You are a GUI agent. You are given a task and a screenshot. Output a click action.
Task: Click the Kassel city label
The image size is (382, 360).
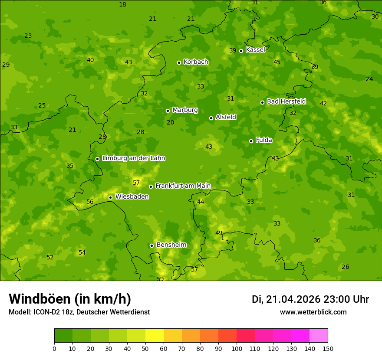255,50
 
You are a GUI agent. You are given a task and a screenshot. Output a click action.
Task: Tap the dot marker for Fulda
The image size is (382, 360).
251,141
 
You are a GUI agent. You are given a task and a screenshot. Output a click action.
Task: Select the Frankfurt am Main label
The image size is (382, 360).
183,186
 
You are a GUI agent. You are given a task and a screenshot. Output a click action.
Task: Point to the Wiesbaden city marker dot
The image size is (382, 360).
110,197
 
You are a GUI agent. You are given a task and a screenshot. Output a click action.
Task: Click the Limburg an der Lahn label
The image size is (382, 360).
133,158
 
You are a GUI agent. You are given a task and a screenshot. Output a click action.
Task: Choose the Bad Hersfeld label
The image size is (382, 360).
286,101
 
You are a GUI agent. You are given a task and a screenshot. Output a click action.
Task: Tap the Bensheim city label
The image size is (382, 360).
171,245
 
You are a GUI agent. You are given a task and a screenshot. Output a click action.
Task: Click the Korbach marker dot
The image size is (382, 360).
179,62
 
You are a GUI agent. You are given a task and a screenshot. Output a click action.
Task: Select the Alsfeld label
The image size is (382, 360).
226,117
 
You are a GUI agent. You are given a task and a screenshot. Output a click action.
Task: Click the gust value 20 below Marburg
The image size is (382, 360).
171,123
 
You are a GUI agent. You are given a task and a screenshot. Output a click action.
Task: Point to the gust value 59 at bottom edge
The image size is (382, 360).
160,279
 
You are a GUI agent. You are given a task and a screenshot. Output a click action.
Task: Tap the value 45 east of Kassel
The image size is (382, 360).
277,62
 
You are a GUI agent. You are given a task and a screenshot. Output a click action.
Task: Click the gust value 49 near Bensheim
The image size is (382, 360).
219,233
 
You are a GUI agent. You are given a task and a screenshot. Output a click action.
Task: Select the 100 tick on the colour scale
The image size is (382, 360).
237,348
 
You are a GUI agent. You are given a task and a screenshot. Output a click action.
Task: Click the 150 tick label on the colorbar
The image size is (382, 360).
328,348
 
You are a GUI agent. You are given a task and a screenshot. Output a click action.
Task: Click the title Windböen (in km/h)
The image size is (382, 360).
70,299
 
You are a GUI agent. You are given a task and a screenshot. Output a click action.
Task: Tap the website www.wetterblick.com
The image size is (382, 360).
313,312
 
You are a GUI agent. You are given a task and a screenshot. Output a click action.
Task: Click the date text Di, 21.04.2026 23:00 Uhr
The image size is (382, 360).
310,299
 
